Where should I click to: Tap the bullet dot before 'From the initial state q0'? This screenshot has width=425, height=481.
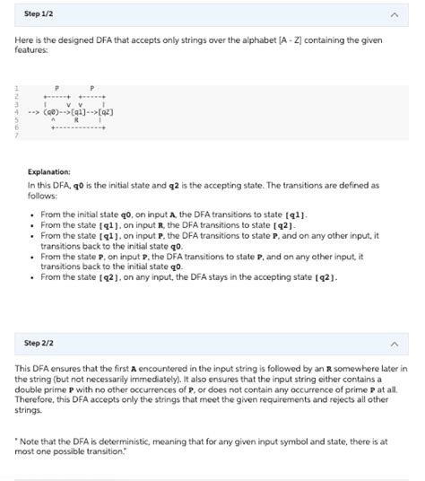point(33,215)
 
